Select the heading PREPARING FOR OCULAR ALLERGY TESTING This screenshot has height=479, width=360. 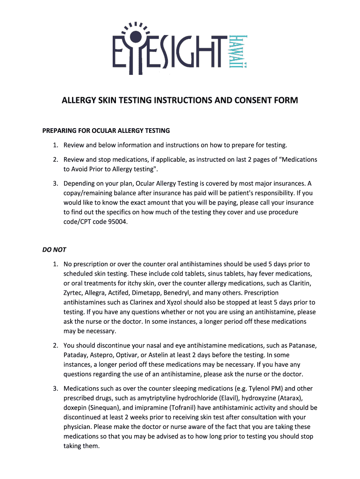(x=106, y=131)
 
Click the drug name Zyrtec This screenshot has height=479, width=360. (x=73, y=293)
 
